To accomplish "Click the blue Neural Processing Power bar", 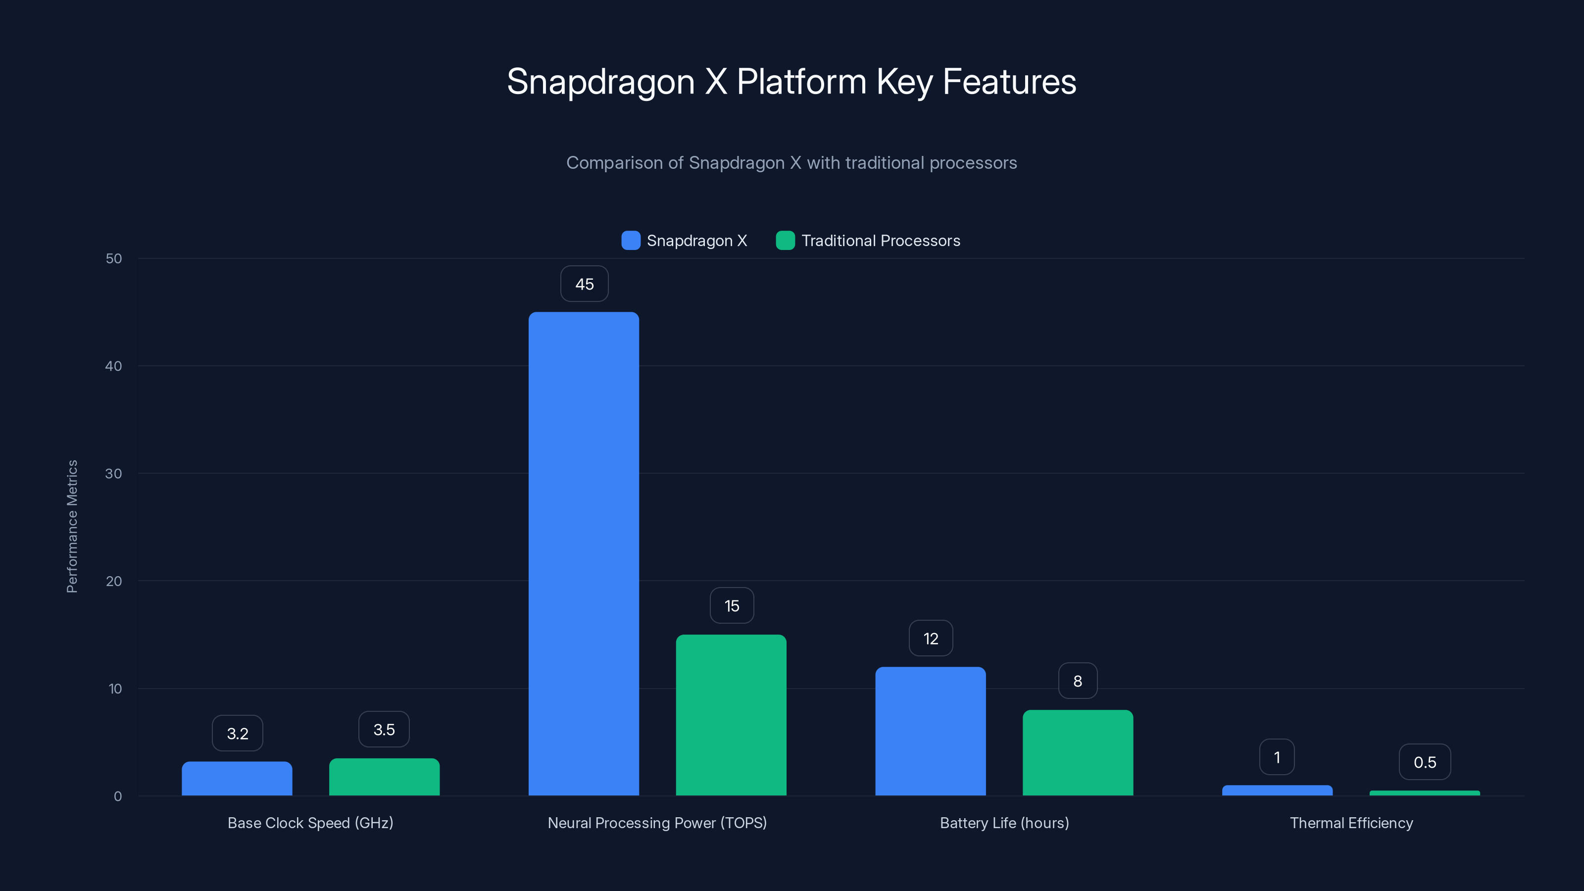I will (584, 553).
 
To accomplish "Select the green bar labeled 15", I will (731, 714).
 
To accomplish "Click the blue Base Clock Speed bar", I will (237, 779).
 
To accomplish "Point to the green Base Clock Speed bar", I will (384, 777).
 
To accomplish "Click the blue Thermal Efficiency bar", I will (1277, 790).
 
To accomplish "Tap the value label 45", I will (584, 284).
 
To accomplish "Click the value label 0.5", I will (1424, 762).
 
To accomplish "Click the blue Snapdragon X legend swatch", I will (631, 241).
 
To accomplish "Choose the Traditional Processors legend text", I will (880, 241).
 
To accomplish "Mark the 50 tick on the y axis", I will (114, 258).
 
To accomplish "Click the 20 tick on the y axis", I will (114, 581).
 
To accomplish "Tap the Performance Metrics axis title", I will (72, 526).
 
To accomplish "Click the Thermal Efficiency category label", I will (1351, 823).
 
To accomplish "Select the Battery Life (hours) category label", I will (1004, 823).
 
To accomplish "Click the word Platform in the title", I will (801, 82).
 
